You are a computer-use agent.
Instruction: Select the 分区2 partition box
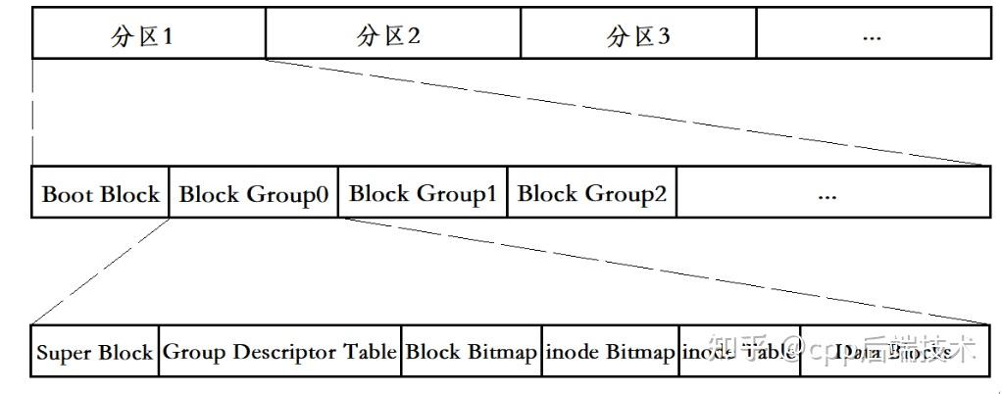392,35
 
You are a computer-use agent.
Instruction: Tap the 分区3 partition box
638,35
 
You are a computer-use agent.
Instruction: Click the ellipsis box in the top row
873,35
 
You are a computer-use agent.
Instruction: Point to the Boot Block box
101,193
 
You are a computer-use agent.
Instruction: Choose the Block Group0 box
254,193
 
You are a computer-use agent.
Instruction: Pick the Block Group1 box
423,193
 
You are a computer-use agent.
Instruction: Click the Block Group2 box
591,193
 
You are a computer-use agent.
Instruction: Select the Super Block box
95,351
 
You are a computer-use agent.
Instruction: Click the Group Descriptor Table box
279,351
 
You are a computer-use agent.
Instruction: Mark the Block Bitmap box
471,351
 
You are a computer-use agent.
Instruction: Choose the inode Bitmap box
609,351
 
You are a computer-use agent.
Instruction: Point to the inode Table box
739,351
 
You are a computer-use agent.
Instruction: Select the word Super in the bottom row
64,352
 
